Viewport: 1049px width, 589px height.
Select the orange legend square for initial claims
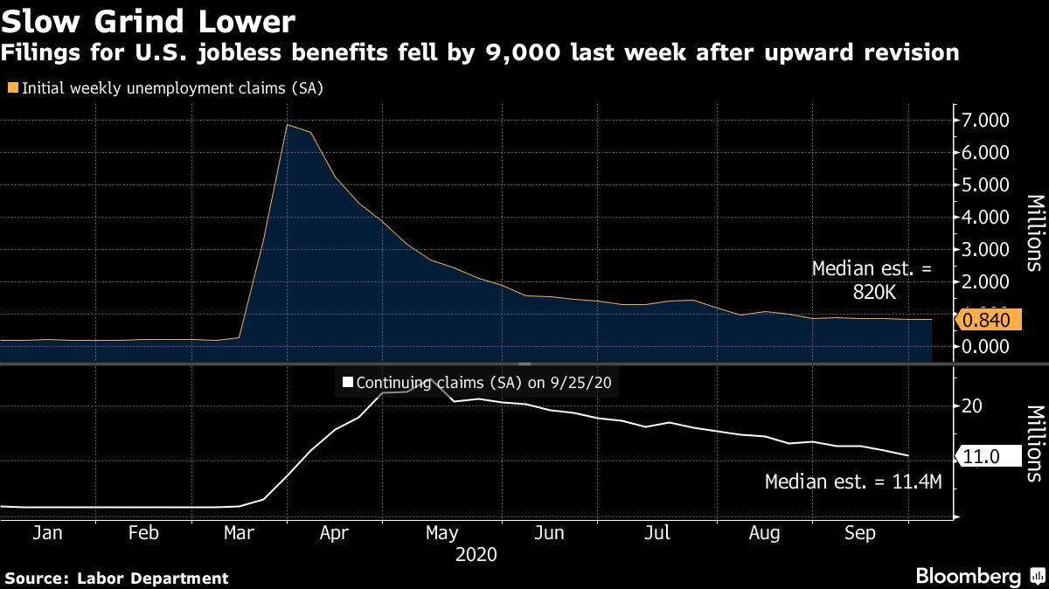click(12, 87)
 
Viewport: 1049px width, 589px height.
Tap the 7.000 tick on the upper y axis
click(984, 120)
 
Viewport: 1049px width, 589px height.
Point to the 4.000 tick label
click(984, 217)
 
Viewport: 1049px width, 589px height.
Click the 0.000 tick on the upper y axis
click(984, 347)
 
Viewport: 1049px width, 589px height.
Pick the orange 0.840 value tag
click(988, 321)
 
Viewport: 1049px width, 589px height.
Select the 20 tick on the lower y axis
click(972, 406)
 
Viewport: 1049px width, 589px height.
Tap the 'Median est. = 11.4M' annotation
click(852, 481)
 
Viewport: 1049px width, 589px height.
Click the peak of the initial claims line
click(288, 125)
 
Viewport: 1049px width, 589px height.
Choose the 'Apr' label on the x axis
click(335, 533)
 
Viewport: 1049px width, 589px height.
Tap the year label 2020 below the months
click(476, 555)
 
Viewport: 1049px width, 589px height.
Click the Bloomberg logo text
click(968, 577)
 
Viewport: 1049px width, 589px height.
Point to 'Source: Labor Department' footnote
click(116, 578)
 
